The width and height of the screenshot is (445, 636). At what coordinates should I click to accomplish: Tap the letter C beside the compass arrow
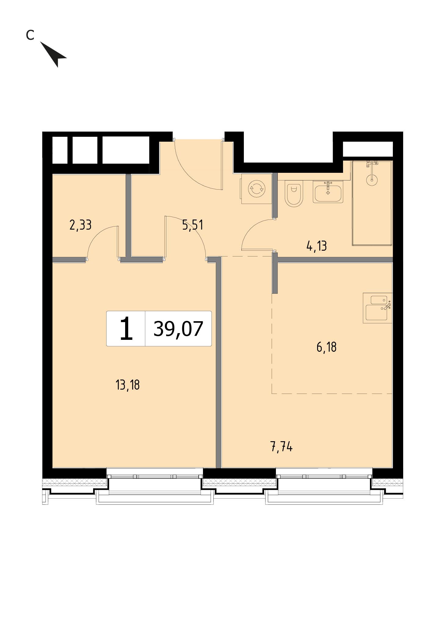(x=30, y=35)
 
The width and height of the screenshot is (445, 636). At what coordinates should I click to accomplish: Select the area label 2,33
(x=81, y=225)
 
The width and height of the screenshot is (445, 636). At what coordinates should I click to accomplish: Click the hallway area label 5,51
(x=193, y=225)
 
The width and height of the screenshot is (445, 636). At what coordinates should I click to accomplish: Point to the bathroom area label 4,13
(x=317, y=245)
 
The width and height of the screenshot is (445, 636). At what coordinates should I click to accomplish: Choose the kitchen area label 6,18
(x=327, y=347)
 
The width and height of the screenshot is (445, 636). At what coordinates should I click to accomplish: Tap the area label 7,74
(x=281, y=447)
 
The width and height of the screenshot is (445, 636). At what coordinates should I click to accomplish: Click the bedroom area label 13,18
(x=128, y=385)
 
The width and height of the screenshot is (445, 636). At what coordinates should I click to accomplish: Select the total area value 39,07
(x=178, y=329)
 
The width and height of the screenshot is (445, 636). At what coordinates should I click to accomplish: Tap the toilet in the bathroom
(x=294, y=193)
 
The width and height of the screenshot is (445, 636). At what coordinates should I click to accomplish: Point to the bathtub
(x=372, y=203)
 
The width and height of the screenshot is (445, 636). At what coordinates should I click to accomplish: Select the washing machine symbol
(x=257, y=189)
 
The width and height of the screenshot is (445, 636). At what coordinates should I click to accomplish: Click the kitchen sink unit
(x=378, y=308)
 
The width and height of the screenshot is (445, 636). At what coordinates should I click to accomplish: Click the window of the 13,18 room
(x=155, y=476)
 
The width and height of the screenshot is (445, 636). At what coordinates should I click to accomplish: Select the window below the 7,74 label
(x=324, y=476)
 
